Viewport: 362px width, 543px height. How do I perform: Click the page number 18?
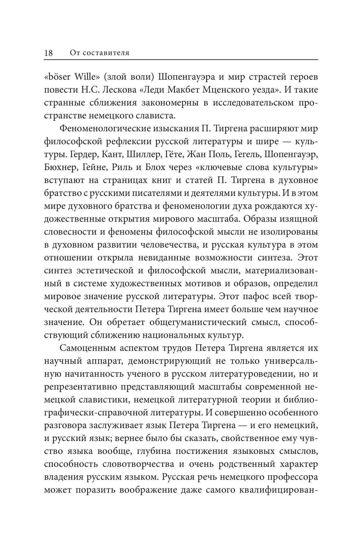click(x=49, y=53)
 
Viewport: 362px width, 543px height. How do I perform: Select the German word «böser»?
click(x=58, y=77)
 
